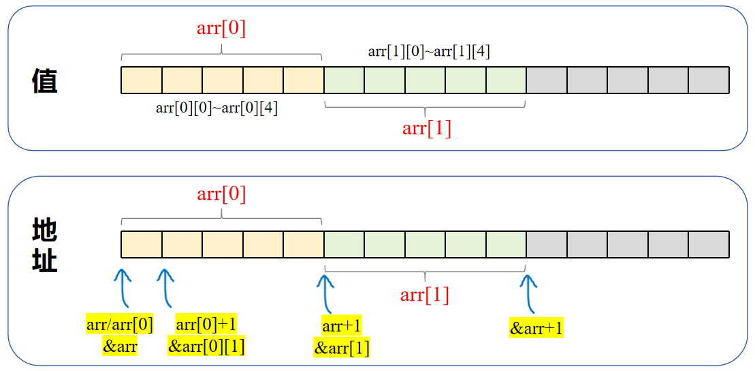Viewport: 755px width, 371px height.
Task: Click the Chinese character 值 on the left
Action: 44,80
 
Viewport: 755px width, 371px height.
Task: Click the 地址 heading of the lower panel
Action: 44,246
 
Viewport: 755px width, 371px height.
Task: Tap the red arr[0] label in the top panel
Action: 221,29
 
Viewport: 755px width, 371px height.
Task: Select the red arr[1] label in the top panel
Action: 427,128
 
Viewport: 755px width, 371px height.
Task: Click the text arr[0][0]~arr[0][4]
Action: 216,108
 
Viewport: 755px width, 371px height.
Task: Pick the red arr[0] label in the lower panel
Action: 221,194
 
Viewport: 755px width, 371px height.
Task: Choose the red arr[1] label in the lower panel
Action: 425,295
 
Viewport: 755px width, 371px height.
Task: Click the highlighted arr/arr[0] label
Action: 120,325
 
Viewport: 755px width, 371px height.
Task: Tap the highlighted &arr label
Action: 120,346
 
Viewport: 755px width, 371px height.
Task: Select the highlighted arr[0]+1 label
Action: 206,325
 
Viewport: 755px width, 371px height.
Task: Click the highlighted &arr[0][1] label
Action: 206,346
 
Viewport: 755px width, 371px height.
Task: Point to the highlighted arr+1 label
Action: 342,325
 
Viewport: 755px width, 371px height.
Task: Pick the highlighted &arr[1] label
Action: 342,348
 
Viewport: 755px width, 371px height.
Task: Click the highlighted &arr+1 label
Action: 536,328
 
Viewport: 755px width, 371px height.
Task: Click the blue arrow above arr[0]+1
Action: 165,286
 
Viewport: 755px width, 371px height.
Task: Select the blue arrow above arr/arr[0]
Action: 123,286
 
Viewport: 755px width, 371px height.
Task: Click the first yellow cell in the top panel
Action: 142,80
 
